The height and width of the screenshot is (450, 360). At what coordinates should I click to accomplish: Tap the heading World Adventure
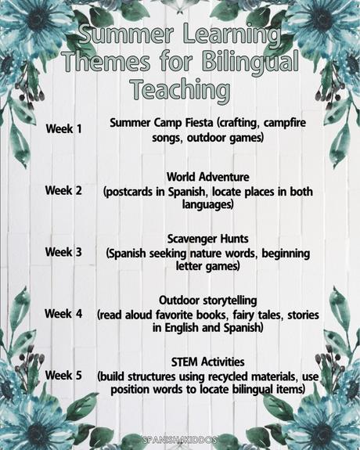pyautogui.click(x=207, y=177)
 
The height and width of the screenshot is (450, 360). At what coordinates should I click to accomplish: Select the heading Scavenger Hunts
pyautogui.click(x=207, y=239)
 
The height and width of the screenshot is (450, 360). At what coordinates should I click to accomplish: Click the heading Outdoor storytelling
pyautogui.click(x=207, y=300)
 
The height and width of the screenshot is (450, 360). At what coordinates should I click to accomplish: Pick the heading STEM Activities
pyautogui.click(x=207, y=362)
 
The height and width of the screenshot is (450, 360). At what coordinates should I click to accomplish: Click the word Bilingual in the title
pyautogui.click(x=244, y=61)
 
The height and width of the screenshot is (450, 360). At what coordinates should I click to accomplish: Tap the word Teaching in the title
pyautogui.click(x=180, y=88)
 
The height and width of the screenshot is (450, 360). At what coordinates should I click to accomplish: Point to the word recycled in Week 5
pyautogui.click(x=236, y=376)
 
